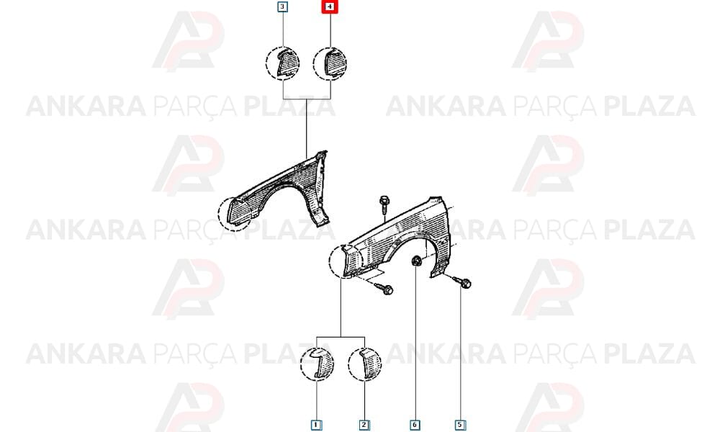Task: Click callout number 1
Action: pos(316,425)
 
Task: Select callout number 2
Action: pos(364,425)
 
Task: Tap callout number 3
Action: pos(283,7)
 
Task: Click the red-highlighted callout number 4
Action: pos(330,7)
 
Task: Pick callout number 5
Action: pos(460,425)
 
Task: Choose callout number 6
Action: pos(415,425)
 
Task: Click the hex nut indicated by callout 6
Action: pos(416,261)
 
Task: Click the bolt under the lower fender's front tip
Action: pos(384,288)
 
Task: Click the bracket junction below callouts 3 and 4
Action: pos(307,99)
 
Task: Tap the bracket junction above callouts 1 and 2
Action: pos(341,338)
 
